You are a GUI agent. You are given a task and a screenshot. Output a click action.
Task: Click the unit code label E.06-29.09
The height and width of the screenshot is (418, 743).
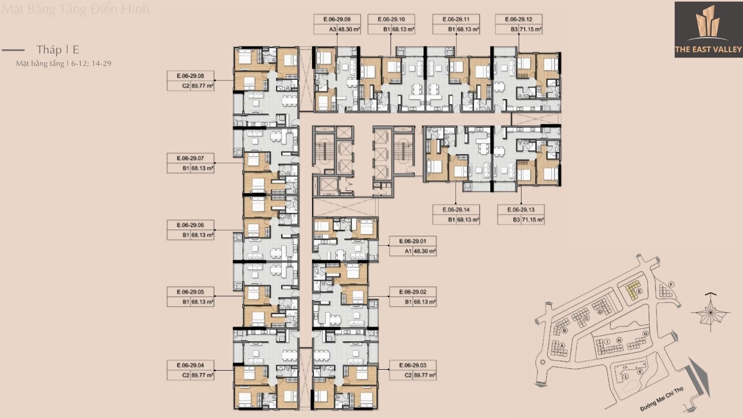point(338,20)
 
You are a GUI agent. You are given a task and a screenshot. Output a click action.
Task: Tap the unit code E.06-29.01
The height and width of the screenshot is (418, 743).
point(412,241)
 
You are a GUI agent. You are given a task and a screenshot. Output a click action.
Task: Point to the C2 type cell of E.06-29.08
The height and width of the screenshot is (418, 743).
point(186,85)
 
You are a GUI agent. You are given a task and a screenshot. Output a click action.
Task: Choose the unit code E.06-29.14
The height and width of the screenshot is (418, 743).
point(456,209)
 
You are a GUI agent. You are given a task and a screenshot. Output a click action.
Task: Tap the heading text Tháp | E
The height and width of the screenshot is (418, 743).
point(58,50)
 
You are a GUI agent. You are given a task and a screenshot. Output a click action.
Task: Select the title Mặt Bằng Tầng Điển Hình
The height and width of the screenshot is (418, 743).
point(75,9)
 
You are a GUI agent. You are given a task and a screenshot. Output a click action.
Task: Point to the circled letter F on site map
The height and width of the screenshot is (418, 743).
point(671,284)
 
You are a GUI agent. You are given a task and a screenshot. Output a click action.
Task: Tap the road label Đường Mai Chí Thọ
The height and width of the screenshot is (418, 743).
point(661,398)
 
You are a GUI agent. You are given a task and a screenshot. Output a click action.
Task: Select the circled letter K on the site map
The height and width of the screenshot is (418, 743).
point(639,371)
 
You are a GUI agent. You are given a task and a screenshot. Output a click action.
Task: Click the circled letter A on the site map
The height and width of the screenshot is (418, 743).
point(562,346)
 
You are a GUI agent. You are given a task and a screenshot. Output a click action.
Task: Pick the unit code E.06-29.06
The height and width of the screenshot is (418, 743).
point(190,225)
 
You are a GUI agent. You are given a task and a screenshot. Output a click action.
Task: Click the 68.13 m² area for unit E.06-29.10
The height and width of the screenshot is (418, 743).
point(403,29)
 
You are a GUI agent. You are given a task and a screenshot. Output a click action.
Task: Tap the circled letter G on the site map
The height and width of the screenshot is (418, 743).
point(645,333)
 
